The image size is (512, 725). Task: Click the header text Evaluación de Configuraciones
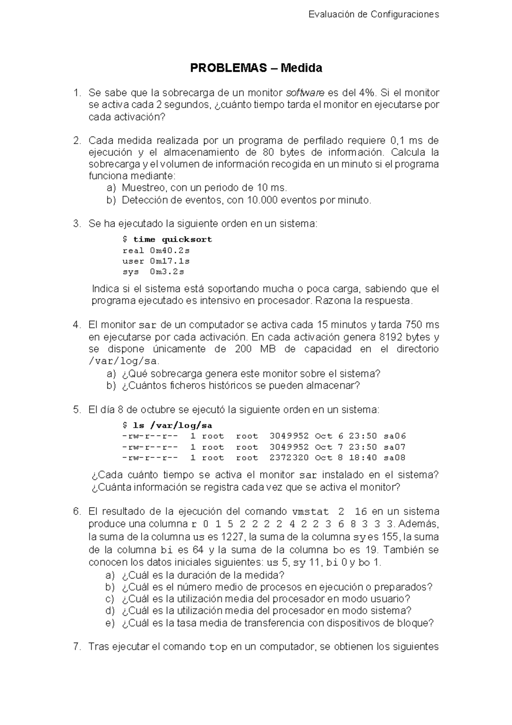tap(373, 15)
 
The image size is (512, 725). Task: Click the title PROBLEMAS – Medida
tap(256, 68)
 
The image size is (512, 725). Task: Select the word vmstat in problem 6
tap(310, 512)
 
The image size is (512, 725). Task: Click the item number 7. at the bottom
tap(77, 646)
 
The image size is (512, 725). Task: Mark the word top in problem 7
tap(218, 647)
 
